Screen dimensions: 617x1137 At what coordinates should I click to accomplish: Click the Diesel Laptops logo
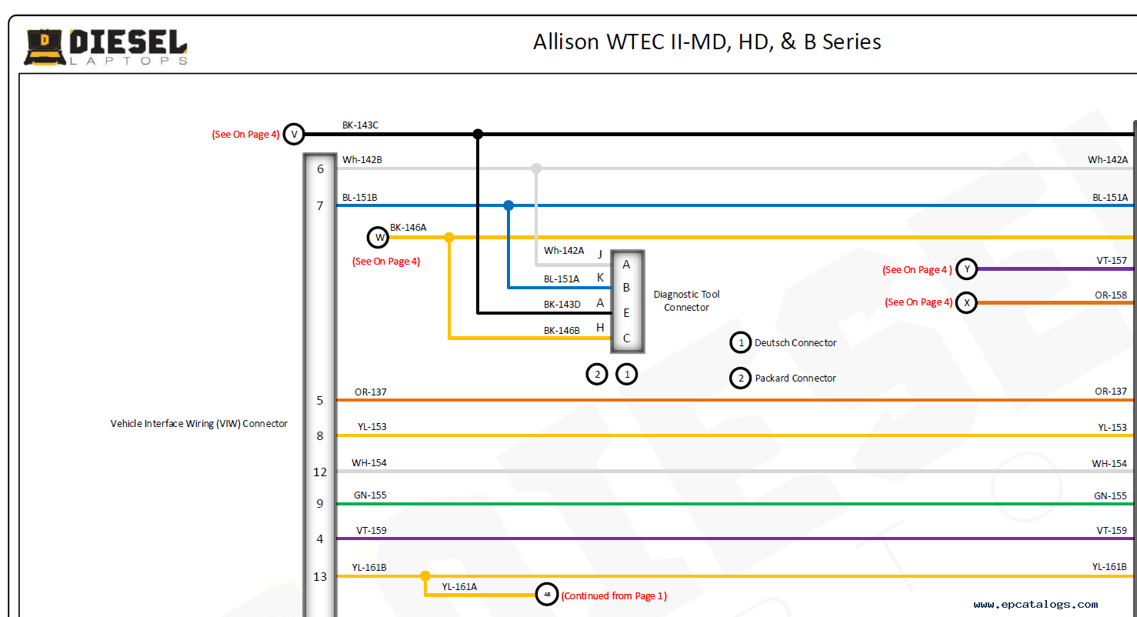click(106, 47)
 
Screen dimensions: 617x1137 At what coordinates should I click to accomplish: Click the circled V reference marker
click(293, 134)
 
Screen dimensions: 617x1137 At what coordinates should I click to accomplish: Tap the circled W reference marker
click(378, 238)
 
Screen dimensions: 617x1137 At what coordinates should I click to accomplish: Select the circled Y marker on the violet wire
click(966, 269)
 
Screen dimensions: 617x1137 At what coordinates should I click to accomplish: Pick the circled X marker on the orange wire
click(966, 302)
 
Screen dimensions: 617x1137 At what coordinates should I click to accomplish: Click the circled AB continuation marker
click(547, 595)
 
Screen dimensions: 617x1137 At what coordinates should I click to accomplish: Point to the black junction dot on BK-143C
click(478, 134)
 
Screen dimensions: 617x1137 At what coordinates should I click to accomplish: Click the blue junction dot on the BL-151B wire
click(508, 205)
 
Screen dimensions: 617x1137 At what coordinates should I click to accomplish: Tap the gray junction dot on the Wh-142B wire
click(536, 168)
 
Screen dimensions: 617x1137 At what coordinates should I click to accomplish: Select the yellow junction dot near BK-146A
click(449, 238)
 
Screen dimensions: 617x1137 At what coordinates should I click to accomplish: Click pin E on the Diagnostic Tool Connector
click(626, 313)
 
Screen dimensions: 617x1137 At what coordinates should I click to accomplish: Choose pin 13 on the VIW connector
click(320, 576)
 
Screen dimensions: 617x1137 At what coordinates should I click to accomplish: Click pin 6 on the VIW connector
click(320, 168)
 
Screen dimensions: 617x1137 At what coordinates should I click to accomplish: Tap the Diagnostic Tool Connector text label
click(686, 301)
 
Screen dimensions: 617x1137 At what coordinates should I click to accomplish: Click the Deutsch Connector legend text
click(795, 343)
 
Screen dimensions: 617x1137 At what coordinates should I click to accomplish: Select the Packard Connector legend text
click(795, 379)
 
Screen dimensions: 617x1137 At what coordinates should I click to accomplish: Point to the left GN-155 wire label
click(370, 495)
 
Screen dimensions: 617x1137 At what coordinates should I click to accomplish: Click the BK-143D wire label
click(562, 305)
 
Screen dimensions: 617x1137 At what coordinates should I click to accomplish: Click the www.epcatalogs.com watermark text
click(1035, 605)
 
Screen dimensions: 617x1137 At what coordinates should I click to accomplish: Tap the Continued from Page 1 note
click(614, 596)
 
